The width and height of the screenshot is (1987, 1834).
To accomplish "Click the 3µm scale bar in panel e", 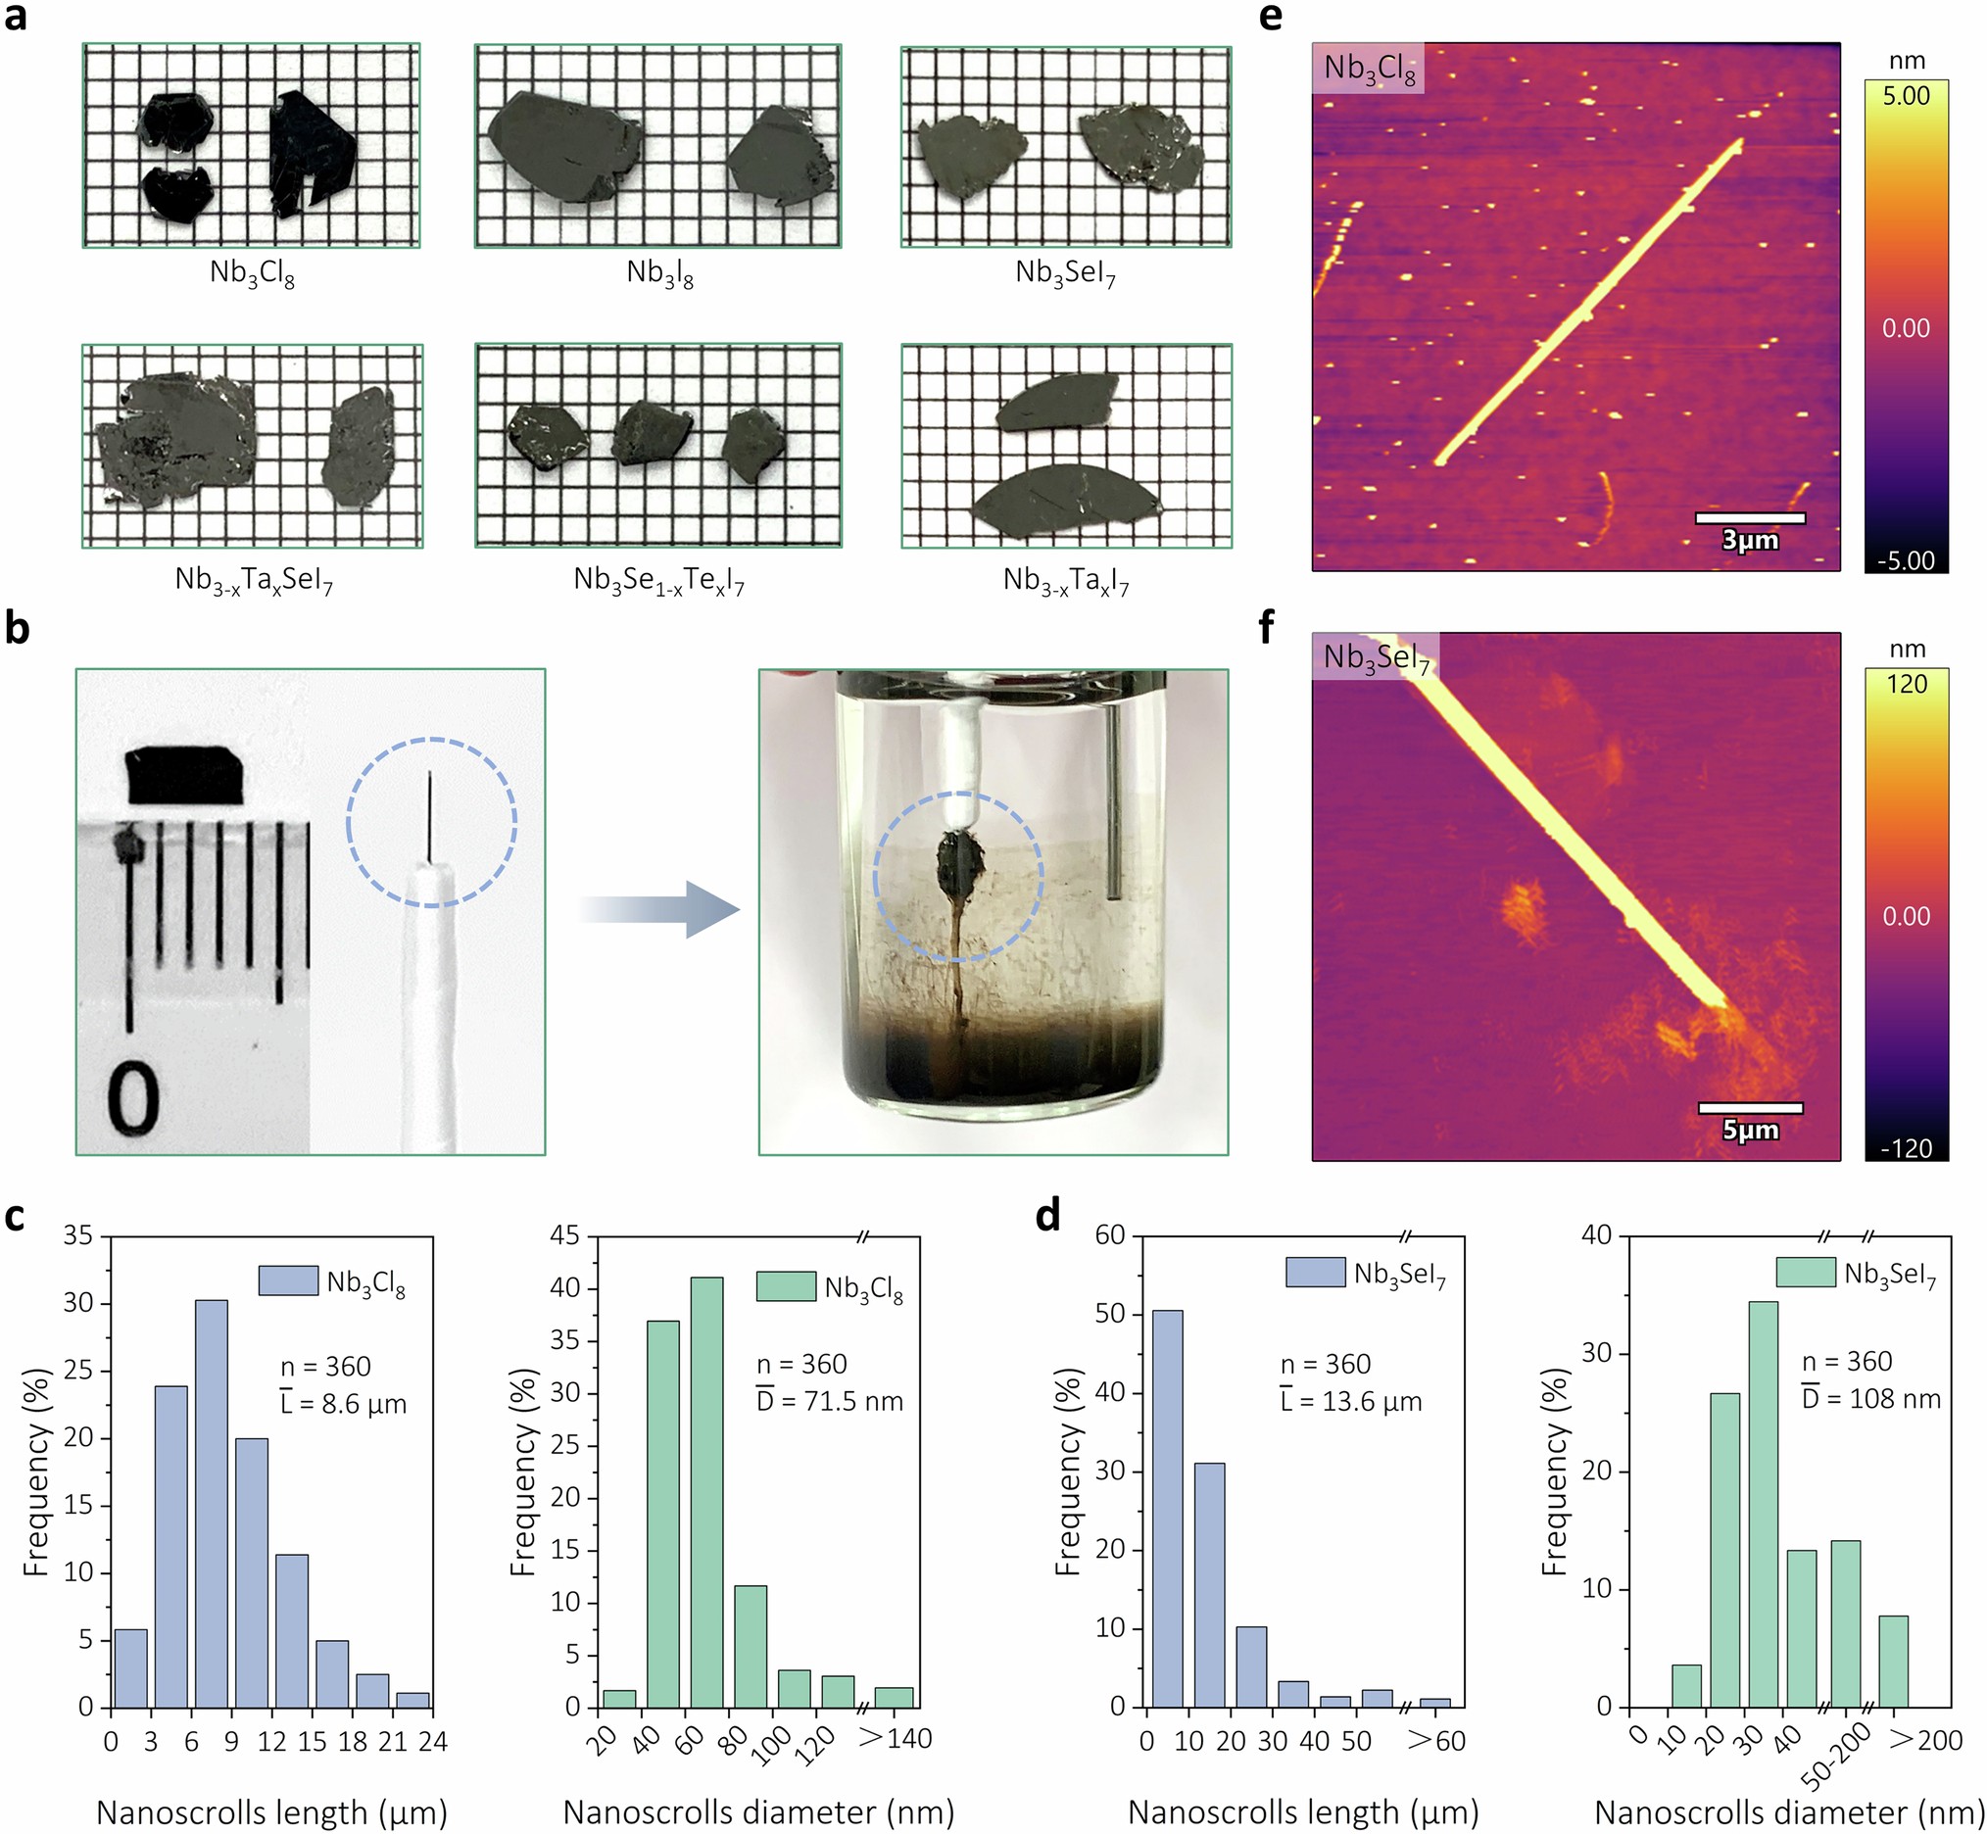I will (x=1750, y=518).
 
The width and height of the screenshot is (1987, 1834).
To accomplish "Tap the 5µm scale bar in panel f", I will (x=1750, y=1107).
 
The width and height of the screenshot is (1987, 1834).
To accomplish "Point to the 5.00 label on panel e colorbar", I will (x=1906, y=96).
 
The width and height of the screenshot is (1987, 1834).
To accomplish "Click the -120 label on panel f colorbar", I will (x=1906, y=1148).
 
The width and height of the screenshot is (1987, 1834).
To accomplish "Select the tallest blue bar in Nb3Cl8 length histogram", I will (x=212, y=1504).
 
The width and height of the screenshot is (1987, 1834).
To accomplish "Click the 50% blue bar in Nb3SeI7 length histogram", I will (x=1166, y=1509).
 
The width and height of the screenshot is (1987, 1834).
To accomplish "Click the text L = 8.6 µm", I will (x=343, y=1404).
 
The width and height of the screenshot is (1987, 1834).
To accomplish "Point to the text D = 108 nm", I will (x=1869, y=1399).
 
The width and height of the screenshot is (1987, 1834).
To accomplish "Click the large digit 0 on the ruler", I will (x=133, y=1097).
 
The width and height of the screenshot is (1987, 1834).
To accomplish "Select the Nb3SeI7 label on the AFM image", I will (x=1377, y=657).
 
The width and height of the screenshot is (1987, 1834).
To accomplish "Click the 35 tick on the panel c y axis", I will (x=77, y=1236).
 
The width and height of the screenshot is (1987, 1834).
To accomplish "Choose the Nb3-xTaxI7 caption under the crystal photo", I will (x=1066, y=581).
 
